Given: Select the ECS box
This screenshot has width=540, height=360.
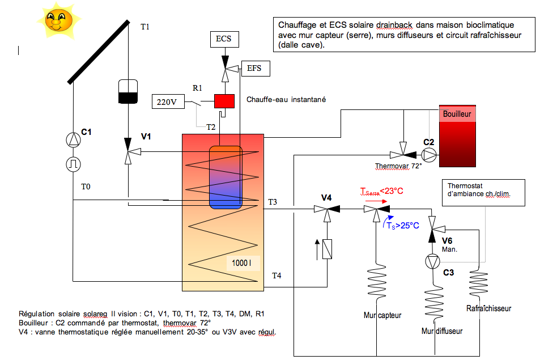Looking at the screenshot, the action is click(x=224, y=39).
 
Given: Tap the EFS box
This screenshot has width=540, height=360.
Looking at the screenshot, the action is click(x=256, y=68).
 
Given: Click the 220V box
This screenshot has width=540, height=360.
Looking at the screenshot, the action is click(x=168, y=101).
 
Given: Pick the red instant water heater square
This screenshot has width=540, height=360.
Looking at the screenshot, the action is click(x=224, y=101).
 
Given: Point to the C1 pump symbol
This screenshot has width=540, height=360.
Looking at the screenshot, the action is click(x=73, y=140).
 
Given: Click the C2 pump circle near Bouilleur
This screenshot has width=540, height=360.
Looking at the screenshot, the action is click(x=429, y=155).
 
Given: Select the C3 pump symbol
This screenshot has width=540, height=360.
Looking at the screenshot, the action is click(x=432, y=261).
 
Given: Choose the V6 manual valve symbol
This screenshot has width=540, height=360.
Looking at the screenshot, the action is click(x=435, y=228).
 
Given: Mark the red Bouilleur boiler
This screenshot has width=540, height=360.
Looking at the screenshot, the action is click(x=457, y=136).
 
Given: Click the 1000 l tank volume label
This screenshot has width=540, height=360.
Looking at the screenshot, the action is click(x=242, y=263).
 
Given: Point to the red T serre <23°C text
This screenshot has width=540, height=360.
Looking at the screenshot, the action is click(x=381, y=191).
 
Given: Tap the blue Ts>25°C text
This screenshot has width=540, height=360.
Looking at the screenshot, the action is click(x=402, y=226).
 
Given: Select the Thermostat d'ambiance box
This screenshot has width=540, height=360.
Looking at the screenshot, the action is click(x=483, y=193).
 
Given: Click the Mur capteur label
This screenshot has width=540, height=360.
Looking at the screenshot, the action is click(x=382, y=315).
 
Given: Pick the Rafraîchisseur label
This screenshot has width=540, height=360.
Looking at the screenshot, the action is click(x=488, y=308).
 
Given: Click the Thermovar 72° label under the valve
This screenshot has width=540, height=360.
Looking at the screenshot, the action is click(x=398, y=166).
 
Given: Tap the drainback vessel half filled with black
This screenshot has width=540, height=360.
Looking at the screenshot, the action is click(x=128, y=92).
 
